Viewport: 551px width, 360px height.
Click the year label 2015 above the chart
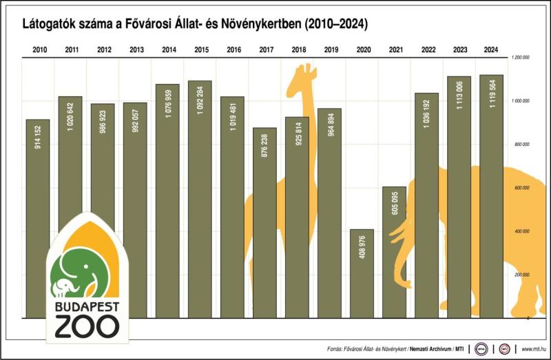click(x=201, y=50)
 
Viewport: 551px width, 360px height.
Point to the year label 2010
click(x=40, y=50)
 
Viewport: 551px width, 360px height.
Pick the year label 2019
click(x=330, y=50)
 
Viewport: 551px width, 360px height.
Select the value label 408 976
click(x=362, y=249)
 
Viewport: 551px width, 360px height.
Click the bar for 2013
click(x=136, y=211)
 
